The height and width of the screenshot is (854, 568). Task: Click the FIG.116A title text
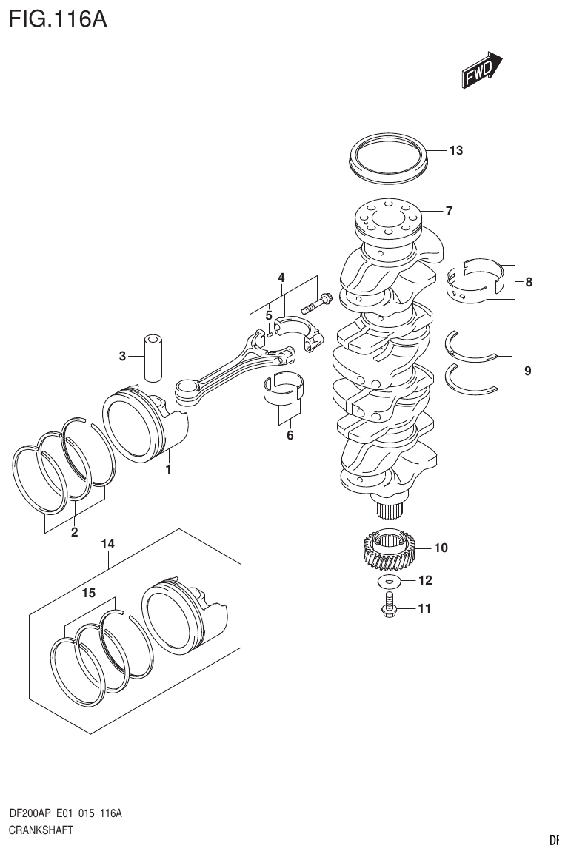(57, 18)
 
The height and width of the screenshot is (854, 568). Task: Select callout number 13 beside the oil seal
(455, 151)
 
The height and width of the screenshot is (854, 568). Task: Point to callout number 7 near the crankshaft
(449, 211)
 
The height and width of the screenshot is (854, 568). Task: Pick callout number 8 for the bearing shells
(529, 282)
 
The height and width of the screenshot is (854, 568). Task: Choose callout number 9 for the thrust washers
(527, 371)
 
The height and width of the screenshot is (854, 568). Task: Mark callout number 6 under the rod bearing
(290, 435)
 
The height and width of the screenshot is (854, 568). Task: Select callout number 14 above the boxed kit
(108, 545)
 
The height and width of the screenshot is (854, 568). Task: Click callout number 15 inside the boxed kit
(89, 594)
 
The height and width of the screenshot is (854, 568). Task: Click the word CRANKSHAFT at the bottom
(41, 830)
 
